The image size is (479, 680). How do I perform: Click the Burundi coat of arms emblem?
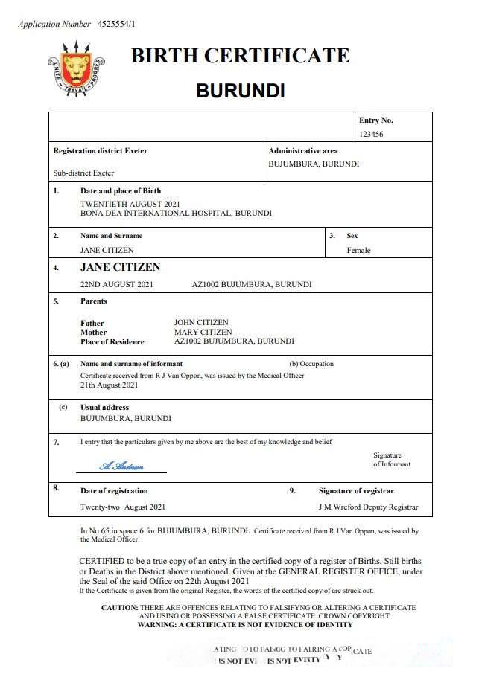point(76,70)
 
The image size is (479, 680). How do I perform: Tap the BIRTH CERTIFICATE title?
point(240,56)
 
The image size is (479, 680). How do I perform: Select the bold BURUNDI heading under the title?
point(240,91)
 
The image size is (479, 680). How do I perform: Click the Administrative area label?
point(303,151)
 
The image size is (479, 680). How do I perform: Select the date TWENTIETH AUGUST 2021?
point(130,204)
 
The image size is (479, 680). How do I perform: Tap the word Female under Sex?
point(358,251)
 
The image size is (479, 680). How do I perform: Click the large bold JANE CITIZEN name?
point(120,267)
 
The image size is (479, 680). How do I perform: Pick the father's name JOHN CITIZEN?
point(201,323)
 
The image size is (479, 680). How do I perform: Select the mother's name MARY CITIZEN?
point(203,332)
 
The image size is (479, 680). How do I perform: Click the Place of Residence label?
point(112,341)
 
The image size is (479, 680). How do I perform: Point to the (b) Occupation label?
point(311,364)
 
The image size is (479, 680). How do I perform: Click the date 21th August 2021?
point(110,385)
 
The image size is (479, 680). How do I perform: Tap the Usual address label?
point(104,408)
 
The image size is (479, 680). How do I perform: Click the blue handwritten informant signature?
point(121,466)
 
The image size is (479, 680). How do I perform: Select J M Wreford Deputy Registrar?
point(368,507)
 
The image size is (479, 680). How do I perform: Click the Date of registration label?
point(114,491)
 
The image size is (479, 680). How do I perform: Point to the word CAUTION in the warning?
point(119,608)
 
